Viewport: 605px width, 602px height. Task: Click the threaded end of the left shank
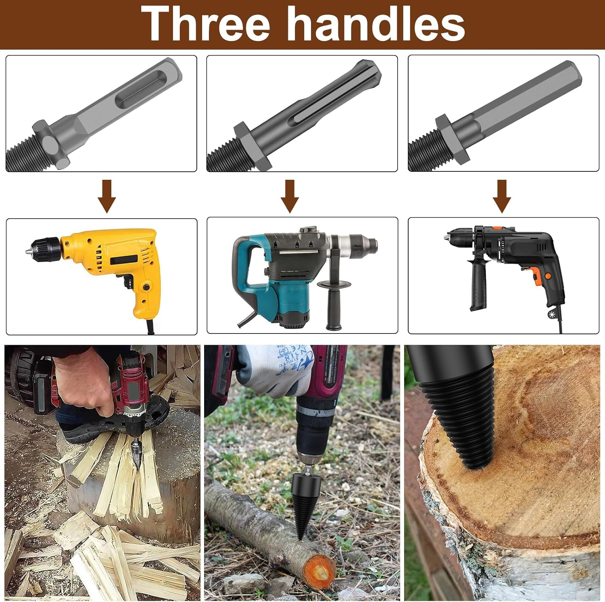20,157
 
